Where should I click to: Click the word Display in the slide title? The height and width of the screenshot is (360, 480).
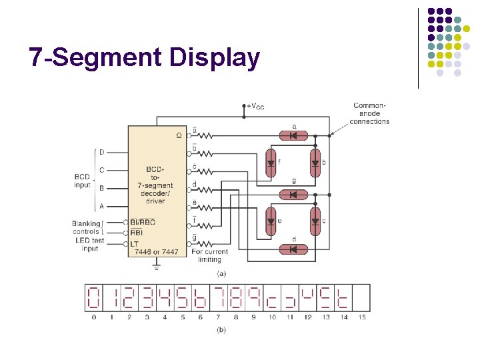[x=214, y=57]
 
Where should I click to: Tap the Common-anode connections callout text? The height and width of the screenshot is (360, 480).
[x=369, y=113]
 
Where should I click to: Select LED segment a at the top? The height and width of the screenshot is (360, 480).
[x=293, y=135]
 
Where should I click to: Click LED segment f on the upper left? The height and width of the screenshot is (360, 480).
[x=271, y=163]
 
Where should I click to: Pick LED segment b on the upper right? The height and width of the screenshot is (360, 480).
[x=315, y=163]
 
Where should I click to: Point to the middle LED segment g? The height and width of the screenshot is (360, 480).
[x=293, y=194]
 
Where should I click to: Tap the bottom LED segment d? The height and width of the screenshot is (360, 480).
[x=293, y=249]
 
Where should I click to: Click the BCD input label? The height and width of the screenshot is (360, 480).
[x=83, y=181]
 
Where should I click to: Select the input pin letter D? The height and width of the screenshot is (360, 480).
[x=101, y=152]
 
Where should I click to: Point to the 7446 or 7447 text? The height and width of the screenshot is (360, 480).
[x=156, y=252]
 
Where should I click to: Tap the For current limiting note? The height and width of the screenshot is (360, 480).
[x=210, y=255]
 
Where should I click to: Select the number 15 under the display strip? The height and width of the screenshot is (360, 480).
[x=361, y=317]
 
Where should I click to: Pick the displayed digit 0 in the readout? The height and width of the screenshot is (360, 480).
[x=93, y=297]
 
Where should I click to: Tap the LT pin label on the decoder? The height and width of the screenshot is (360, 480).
[x=135, y=243]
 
